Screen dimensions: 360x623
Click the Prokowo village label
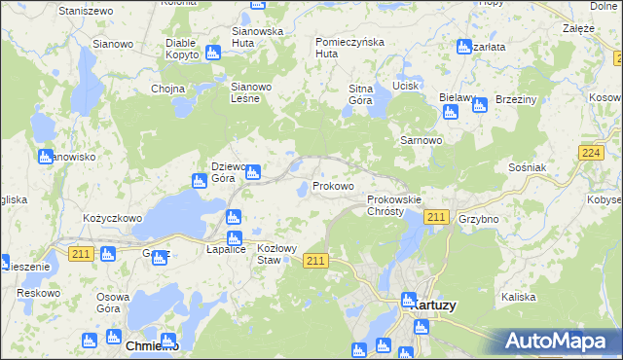(333, 186)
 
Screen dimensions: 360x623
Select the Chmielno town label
(153, 345)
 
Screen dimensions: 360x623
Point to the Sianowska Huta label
(257, 37)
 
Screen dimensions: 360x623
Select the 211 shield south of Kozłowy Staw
(315, 260)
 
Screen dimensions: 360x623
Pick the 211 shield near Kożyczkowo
(81, 253)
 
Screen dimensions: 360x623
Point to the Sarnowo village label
(421, 140)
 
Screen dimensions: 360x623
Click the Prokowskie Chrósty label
(393, 205)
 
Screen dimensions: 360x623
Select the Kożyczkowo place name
(113, 219)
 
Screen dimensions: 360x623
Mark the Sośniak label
(528, 167)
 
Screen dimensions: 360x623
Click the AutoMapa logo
(556, 341)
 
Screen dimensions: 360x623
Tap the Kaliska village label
(519, 297)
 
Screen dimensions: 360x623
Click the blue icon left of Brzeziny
(479, 105)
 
